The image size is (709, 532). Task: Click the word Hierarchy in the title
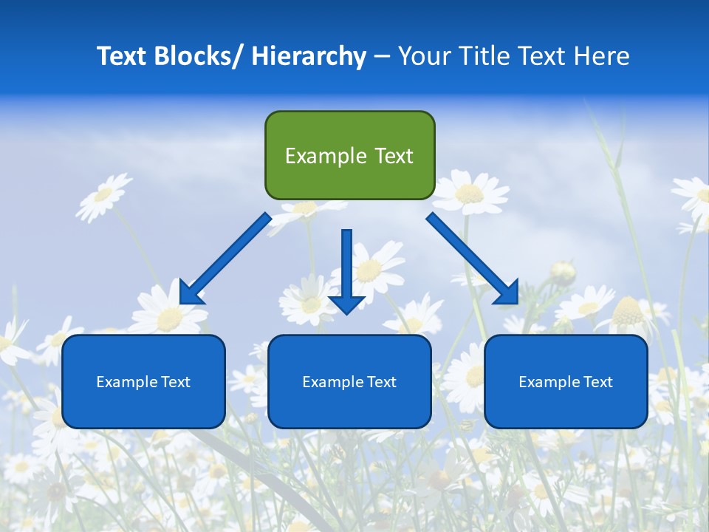click(309, 56)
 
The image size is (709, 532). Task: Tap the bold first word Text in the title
click(122, 56)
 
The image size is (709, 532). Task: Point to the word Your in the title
click(424, 56)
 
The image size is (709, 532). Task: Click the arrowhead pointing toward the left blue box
click(191, 293)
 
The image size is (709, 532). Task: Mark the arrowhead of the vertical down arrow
click(346, 303)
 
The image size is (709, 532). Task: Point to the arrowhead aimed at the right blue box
click(507, 293)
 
